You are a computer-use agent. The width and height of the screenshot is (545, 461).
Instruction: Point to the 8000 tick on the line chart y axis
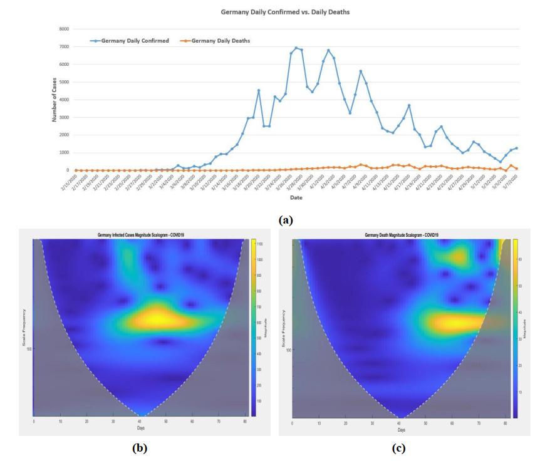pyautogui.click(x=64, y=29)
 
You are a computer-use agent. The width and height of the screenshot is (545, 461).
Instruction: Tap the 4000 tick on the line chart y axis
pyautogui.click(x=64, y=100)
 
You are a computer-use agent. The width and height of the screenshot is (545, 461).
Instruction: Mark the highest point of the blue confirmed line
pyautogui.click(x=296, y=48)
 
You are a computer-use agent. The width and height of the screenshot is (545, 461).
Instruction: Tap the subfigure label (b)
pyautogui.click(x=139, y=448)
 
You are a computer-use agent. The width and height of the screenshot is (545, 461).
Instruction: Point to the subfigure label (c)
pyautogui.click(x=398, y=448)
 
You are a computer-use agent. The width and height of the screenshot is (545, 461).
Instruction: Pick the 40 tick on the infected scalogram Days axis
pyautogui.click(x=140, y=422)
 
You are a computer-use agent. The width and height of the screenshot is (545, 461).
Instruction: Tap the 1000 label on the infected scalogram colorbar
pyautogui.click(x=259, y=259)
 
